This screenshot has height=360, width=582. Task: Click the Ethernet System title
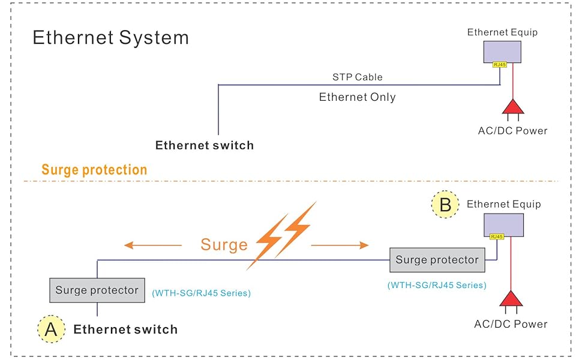pos(110,38)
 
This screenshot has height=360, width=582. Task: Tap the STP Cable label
pos(358,77)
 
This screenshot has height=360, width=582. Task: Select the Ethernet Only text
pos(357,97)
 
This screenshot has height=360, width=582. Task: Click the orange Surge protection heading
pos(94,170)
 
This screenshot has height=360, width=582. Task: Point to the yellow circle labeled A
pos(51,329)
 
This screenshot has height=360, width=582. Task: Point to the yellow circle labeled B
pos(445,205)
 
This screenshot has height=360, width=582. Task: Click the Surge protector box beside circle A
pos(97,290)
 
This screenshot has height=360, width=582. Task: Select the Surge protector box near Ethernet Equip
pos(437,260)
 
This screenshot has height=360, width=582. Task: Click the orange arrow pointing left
pos(152,245)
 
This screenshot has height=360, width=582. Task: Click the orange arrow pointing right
pos(340,245)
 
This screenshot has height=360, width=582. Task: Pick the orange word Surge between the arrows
pos(224,244)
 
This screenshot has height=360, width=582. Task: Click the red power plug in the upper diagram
pos(513,107)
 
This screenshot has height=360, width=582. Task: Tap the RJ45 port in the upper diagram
pos(500,64)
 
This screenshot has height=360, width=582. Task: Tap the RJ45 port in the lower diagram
pos(497,237)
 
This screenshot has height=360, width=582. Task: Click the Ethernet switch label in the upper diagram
pos(205,145)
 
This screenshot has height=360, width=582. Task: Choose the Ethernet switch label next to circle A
pos(125,329)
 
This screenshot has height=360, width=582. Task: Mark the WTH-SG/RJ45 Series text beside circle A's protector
pos(201,293)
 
